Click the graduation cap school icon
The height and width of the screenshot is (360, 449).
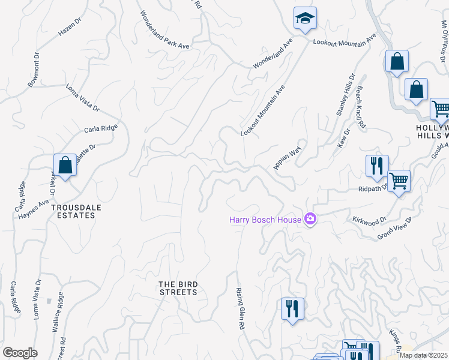(305, 19)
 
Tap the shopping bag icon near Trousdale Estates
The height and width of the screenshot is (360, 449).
(65, 166)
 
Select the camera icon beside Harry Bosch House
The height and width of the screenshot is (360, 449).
(310, 220)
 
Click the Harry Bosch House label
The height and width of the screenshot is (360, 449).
(265, 220)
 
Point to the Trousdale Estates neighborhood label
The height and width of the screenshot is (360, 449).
(73, 211)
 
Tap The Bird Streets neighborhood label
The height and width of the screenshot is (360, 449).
(178, 288)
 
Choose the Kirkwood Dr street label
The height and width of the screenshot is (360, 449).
(370, 221)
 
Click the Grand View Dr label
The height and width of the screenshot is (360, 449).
(395, 229)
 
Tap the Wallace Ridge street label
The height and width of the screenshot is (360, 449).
(58, 313)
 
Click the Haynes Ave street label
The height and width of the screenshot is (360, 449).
(33, 209)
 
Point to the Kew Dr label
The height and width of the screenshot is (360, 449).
(343, 139)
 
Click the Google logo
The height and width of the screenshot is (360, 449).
(20, 353)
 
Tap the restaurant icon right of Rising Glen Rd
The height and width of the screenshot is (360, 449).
(292, 309)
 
